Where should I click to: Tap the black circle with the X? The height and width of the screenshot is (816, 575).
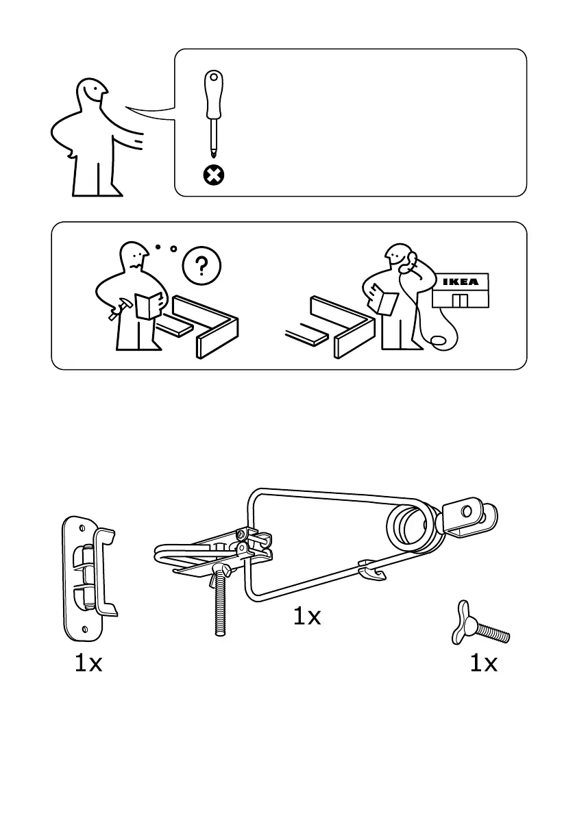pyautogui.click(x=214, y=176)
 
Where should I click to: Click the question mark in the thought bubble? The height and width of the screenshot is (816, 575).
pyautogui.click(x=201, y=265)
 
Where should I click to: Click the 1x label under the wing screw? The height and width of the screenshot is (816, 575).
pyautogui.click(x=483, y=663)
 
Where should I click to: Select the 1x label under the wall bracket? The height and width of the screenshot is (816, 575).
pyautogui.click(x=88, y=663)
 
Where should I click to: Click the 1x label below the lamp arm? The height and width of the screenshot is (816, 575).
pyautogui.click(x=307, y=617)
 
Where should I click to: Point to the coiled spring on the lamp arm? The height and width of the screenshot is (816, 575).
pyautogui.click(x=411, y=528)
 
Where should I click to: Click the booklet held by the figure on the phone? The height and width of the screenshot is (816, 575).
pyautogui.click(x=385, y=303)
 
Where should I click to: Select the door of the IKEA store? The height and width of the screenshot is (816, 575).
pyautogui.click(x=460, y=301)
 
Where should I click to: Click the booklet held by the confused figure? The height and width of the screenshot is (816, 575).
pyautogui.click(x=148, y=305)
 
